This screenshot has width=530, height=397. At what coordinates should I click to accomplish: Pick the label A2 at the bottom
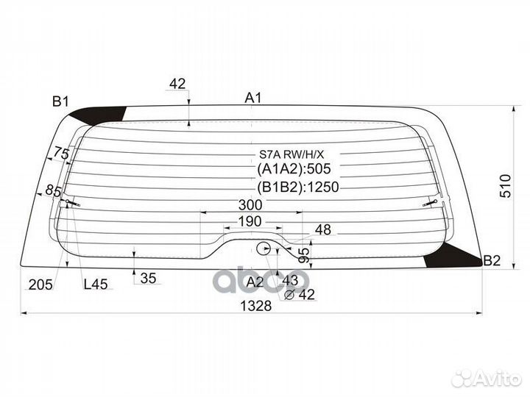coord(255,282)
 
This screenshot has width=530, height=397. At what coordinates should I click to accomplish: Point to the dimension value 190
coord(251,222)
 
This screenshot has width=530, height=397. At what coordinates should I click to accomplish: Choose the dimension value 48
coord(323,230)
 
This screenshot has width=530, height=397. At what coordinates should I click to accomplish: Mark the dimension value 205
coord(40,285)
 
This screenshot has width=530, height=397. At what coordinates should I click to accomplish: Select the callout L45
coord(95,285)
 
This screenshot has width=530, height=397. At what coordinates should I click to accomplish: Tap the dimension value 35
coord(148,278)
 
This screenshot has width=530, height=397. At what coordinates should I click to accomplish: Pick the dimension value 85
coord(52,191)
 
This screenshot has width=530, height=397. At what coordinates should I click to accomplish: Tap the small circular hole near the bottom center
coord(264,248)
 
